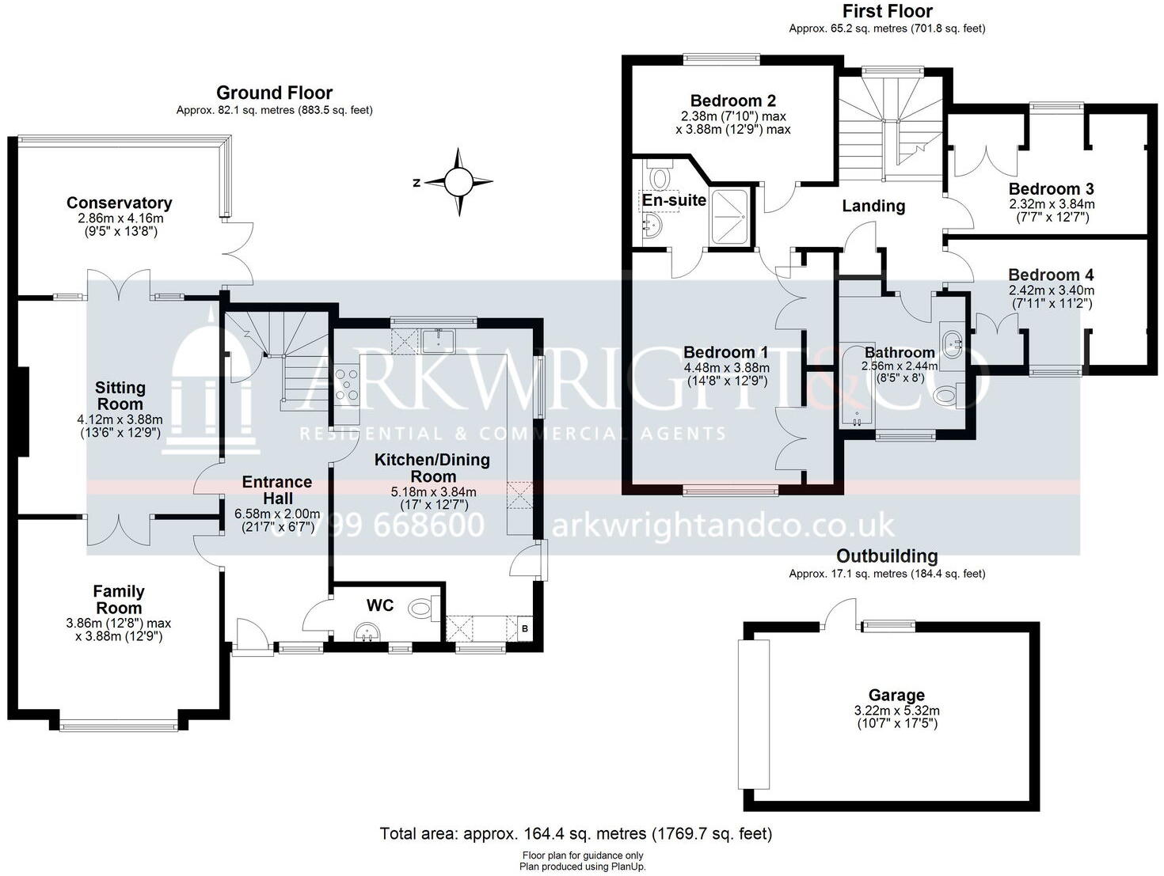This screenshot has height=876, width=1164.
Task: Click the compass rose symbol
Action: point(458,182)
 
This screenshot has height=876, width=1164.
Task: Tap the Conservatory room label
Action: point(119,203)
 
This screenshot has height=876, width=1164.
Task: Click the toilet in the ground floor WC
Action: point(422,609)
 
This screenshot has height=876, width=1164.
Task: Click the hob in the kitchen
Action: point(347,384)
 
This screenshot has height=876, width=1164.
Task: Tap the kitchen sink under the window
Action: point(437,341)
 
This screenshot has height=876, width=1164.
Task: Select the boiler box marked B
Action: point(523,629)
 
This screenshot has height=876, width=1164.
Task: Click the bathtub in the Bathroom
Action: point(855,385)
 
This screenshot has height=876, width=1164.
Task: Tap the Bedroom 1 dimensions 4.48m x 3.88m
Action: point(726,367)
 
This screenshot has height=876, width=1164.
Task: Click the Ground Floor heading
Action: point(274,93)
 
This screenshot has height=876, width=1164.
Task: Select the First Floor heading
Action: point(887,12)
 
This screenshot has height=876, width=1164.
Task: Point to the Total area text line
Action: point(576,833)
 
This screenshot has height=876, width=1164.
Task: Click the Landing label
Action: point(873,206)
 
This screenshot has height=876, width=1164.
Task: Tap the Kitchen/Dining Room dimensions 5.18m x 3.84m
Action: point(433,491)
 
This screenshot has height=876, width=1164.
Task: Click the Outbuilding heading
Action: point(887,556)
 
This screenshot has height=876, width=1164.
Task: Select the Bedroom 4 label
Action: point(1050,275)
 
